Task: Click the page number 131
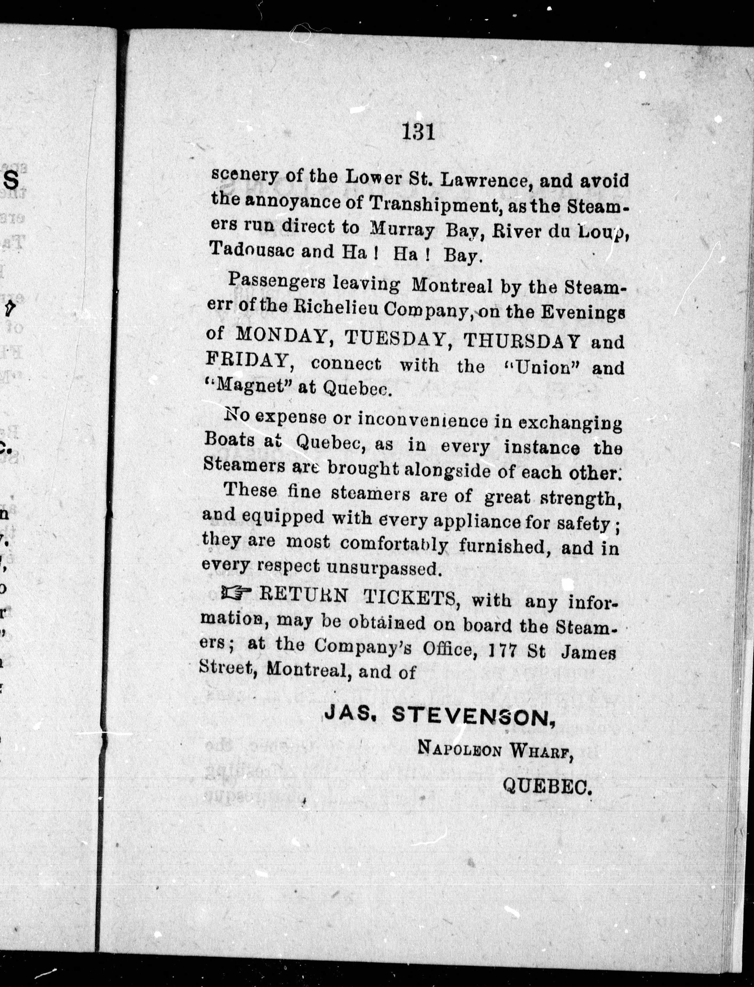point(419,133)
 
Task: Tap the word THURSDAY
point(520,341)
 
